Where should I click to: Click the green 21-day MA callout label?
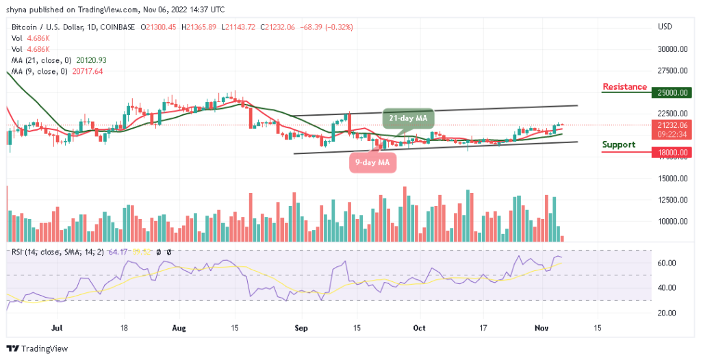point(408,118)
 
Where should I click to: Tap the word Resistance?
point(624,87)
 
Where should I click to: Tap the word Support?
point(618,144)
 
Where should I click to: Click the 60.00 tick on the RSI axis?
point(665,263)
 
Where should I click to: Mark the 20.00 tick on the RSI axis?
point(665,313)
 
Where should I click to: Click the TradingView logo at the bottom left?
point(39,348)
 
